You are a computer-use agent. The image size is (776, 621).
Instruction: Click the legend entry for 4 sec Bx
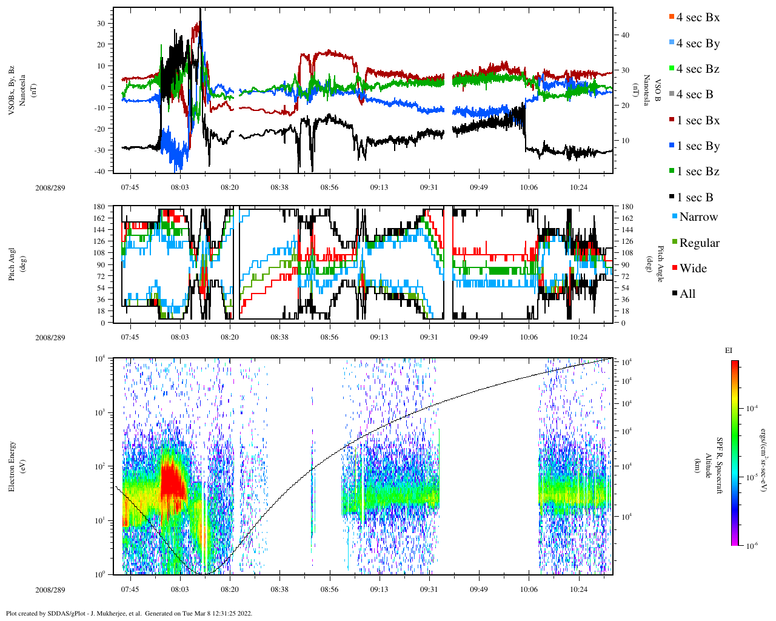pos(697,18)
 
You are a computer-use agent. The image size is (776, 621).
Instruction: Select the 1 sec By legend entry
pos(698,146)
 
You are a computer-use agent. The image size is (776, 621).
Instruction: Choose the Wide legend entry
pos(692,269)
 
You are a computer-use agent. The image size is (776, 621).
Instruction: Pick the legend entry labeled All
pos(687,294)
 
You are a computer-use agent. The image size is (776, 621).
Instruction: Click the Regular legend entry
pos(699,243)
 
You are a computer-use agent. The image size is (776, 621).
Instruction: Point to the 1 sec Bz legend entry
pos(698,172)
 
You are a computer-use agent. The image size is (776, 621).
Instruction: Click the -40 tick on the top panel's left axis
pos(100,171)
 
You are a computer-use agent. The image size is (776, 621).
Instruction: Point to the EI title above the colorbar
pos(729,351)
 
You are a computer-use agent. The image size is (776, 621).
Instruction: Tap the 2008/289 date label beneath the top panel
pos(50,188)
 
